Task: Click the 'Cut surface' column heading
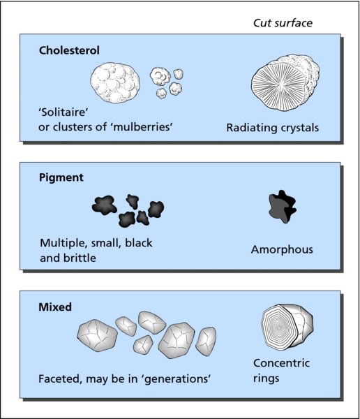[x=283, y=23]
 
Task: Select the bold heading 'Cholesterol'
[x=69, y=50]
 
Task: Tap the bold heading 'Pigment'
[x=61, y=177]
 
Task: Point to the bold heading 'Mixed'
[x=55, y=307]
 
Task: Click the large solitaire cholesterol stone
[x=115, y=82]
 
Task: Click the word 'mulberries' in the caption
[x=142, y=126]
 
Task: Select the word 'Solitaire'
[x=63, y=112]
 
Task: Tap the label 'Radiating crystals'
[x=272, y=128]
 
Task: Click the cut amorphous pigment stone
[x=282, y=207]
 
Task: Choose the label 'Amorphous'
[x=282, y=250]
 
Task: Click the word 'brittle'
[x=80, y=258]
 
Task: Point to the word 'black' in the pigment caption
[x=139, y=242]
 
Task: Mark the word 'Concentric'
[x=281, y=363]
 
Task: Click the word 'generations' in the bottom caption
[x=177, y=378]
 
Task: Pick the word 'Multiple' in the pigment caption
[x=64, y=243]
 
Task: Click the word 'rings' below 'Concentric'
[x=267, y=378]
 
